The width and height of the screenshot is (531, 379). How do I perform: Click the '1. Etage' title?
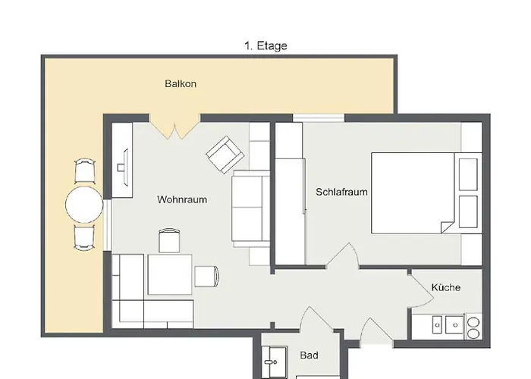pyautogui.click(x=265, y=45)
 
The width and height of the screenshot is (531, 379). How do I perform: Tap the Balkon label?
pyautogui.click(x=181, y=83)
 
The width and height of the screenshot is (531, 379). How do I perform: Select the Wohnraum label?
pyautogui.click(x=182, y=199)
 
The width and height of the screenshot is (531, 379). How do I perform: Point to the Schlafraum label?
pyautogui.click(x=341, y=192)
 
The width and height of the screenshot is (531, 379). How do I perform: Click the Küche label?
pyautogui.click(x=446, y=287)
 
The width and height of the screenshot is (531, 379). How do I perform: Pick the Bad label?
pyautogui.click(x=309, y=355)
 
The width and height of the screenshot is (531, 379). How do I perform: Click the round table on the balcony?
pyautogui.click(x=84, y=205)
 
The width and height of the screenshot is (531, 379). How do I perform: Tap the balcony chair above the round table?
pyautogui.click(x=85, y=171)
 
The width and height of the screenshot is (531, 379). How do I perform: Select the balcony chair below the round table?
pyautogui.click(x=84, y=238)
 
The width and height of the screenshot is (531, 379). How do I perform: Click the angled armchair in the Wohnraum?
pyautogui.click(x=225, y=155)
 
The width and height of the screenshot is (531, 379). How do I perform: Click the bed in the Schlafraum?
pyautogui.click(x=426, y=193)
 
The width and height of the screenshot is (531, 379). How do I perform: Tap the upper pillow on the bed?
pyautogui.click(x=468, y=174)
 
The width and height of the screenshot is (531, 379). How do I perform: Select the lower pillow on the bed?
pyautogui.click(x=468, y=211)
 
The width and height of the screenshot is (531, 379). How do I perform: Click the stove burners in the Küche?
pyautogui.click(x=473, y=326)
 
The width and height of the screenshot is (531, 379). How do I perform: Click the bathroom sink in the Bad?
pyautogui.click(x=274, y=362)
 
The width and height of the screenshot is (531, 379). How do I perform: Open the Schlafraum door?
pyautogui.click(x=343, y=256)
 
